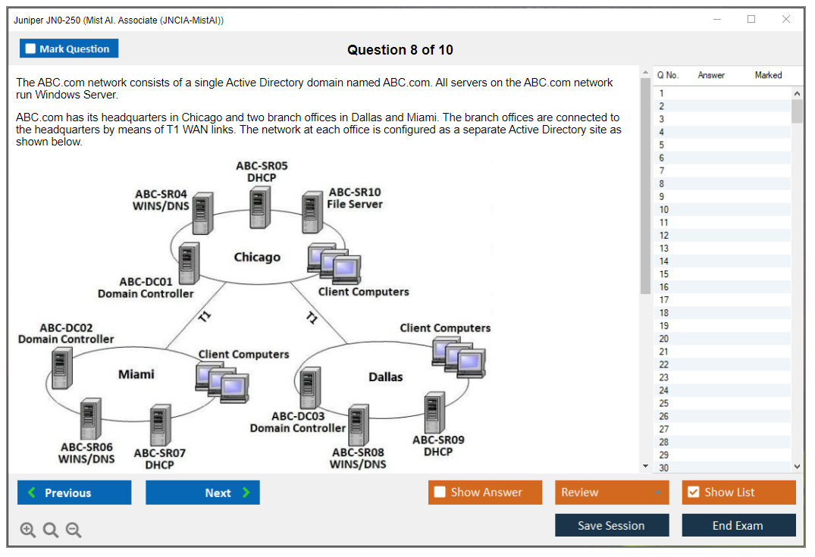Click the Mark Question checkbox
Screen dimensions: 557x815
pyautogui.click(x=31, y=49)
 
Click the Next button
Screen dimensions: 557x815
pyautogui.click(x=202, y=493)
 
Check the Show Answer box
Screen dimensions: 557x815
pyautogui.click(x=440, y=493)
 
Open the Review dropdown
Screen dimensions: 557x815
pyautogui.click(x=611, y=493)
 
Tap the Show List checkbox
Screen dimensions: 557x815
pyautogui.click(x=693, y=493)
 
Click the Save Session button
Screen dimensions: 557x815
pyautogui.click(x=611, y=525)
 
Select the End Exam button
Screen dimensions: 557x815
pyautogui.click(x=738, y=525)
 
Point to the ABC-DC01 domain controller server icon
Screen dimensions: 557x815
pyautogui.click(x=189, y=262)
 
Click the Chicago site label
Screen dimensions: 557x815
pyautogui.click(x=257, y=258)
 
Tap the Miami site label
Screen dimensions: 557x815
pyautogui.click(x=136, y=374)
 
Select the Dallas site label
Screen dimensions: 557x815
pyautogui.click(x=386, y=377)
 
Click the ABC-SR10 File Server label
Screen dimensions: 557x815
pyautogui.click(x=355, y=199)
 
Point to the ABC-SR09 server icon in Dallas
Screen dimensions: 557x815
pyautogui.click(x=434, y=411)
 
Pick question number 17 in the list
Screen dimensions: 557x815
pyautogui.click(x=664, y=300)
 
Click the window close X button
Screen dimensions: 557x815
pyautogui.click(x=786, y=20)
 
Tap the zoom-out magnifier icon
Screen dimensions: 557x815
pyautogui.click(x=74, y=530)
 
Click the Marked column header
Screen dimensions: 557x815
pyautogui.click(x=768, y=75)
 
